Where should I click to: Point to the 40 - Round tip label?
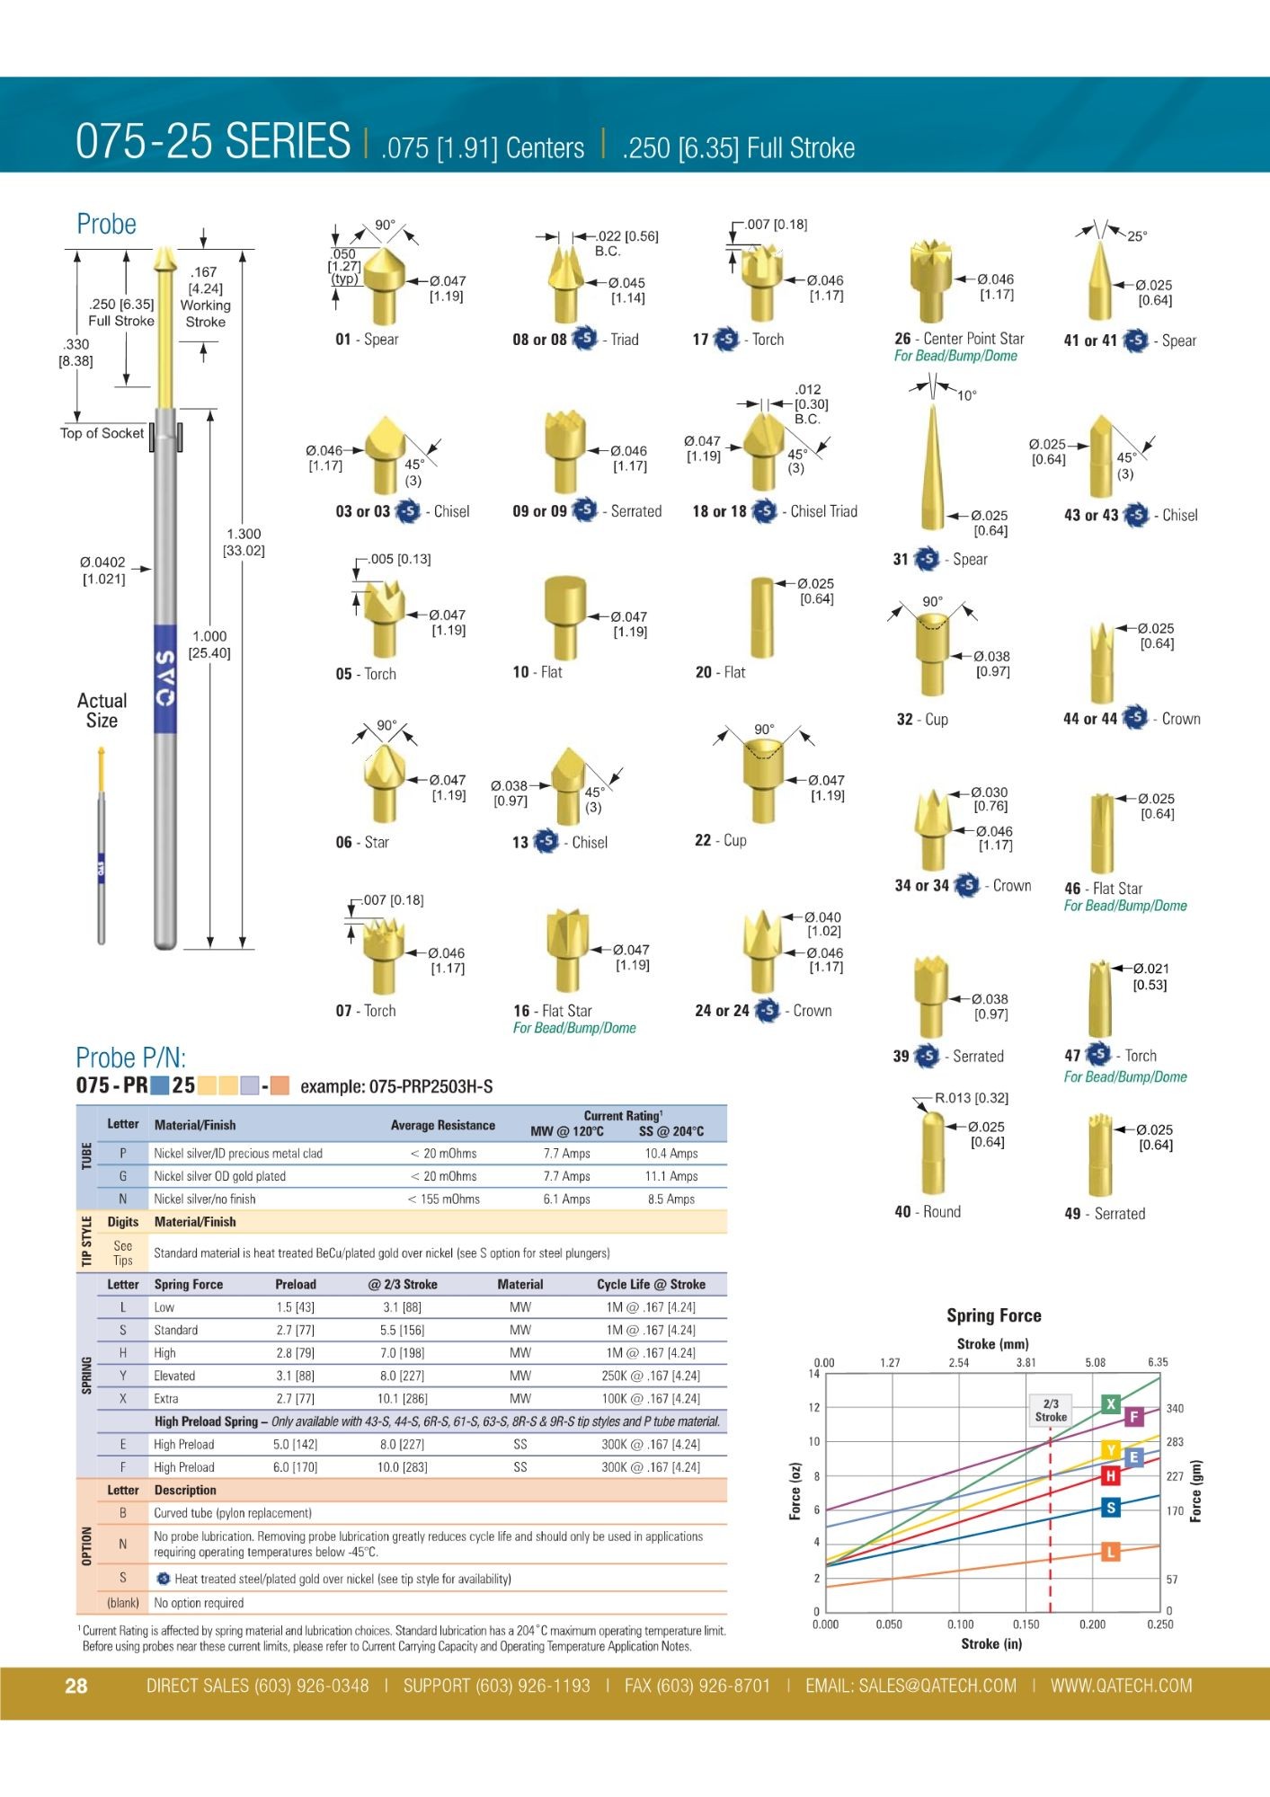(928, 1212)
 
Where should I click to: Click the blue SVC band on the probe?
(165, 678)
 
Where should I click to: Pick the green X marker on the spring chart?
(1111, 1404)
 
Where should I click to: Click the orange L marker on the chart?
(1111, 1552)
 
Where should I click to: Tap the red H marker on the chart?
(1111, 1475)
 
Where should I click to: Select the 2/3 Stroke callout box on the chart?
(1050, 1410)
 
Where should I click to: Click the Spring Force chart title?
(993, 1315)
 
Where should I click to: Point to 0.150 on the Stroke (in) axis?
(1026, 1624)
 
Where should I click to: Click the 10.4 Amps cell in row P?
(671, 1154)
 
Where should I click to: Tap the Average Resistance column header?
(442, 1125)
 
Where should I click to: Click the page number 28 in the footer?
(76, 1686)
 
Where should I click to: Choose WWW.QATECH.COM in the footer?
(1121, 1686)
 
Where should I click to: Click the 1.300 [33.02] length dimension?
(244, 542)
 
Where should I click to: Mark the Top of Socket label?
(102, 433)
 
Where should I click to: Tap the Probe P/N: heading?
(130, 1058)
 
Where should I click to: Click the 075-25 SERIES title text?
(213, 141)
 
